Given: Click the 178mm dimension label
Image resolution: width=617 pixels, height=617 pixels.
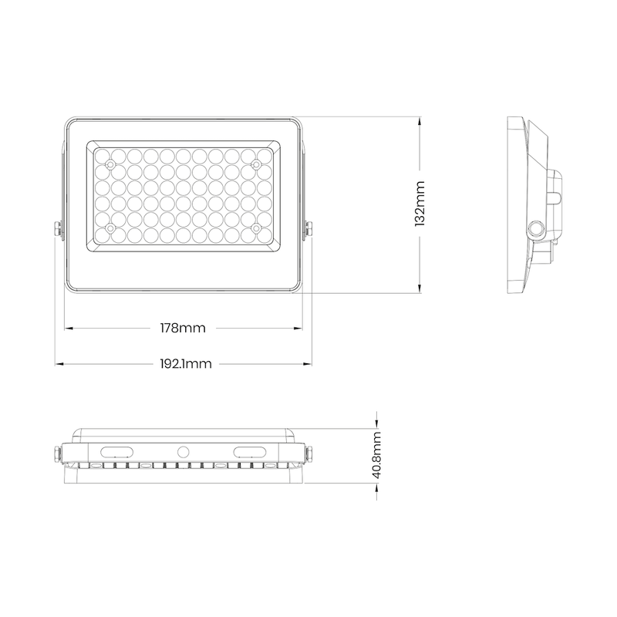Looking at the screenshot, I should (x=183, y=329).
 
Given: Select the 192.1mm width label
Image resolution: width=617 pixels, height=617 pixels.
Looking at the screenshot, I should (x=186, y=363).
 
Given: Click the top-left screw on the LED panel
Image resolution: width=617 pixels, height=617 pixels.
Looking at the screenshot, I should (x=110, y=165).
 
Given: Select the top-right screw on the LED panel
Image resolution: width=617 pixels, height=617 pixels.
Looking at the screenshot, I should (x=256, y=165).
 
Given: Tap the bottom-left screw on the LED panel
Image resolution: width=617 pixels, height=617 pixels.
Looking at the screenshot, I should (x=110, y=228).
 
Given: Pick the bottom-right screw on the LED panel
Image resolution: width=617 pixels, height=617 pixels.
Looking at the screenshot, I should (x=256, y=228).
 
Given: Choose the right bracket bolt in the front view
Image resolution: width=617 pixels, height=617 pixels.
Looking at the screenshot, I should (x=308, y=230).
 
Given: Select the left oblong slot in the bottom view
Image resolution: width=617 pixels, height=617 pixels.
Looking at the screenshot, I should (x=118, y=450).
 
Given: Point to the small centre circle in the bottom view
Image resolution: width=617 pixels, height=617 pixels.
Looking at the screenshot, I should (x=184, y=451).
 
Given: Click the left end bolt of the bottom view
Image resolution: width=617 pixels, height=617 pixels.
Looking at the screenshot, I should (x=59, y=453).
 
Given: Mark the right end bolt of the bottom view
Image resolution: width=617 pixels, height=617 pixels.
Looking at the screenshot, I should (x=309, y=453).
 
